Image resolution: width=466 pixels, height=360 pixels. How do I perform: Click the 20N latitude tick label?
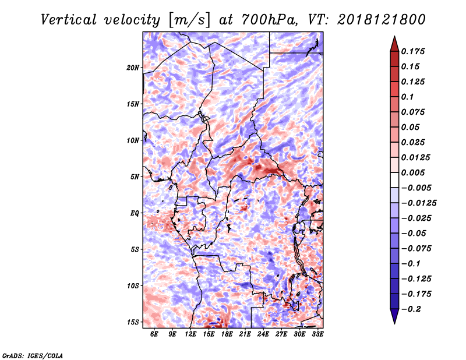coord(133,68)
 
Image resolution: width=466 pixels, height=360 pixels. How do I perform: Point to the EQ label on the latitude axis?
coord(135,213)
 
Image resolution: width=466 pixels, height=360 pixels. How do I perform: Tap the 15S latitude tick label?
coord(133,322)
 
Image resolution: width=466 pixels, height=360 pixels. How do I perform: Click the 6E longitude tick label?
coord(155,334)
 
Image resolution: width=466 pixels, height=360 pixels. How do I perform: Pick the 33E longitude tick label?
coord(317,334)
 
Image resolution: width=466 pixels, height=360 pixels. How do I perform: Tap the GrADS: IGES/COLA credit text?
coord(32,355)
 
